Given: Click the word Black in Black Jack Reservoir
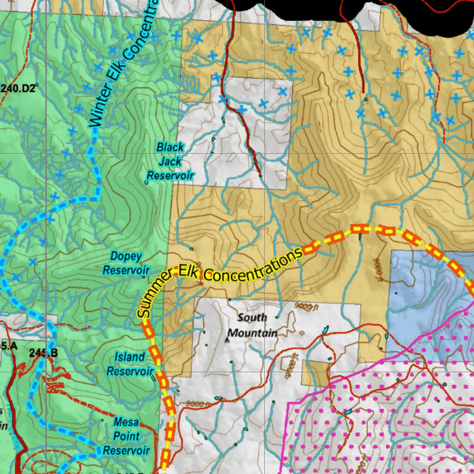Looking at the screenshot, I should (x=170, y=147).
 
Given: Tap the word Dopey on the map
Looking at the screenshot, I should (x=126, y=256).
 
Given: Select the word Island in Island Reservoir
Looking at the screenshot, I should (x=130, y=357).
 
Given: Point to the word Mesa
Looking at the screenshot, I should (x=126, y=422).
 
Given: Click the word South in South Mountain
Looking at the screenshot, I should (x=252, y=318).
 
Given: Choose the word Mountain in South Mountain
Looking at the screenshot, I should (x=253, y=333).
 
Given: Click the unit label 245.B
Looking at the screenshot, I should (x=43, y=353).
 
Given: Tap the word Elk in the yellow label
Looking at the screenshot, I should (x=189, y=273).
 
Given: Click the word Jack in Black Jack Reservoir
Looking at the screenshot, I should (x=170, y=162).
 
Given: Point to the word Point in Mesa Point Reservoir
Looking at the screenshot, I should (x=126, y=436).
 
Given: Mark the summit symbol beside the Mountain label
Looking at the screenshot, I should (x=227, y=339).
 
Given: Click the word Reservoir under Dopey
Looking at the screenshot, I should (x=126, y=270).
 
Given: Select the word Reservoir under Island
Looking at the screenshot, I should (x=130, y=371).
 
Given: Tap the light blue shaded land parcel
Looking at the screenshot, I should (x=417, y=296).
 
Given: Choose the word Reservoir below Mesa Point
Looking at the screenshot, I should (x=126, y=450).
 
